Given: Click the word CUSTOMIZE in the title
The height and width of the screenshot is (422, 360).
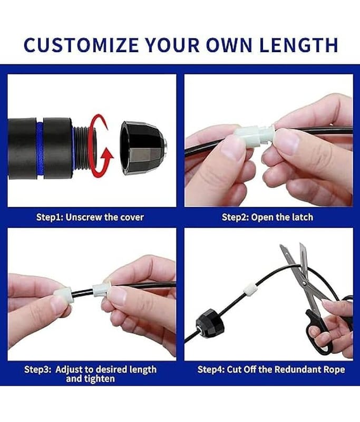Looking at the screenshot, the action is coord(81,45).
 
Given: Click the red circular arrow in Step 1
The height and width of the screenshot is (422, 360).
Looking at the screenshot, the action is coord(100,147).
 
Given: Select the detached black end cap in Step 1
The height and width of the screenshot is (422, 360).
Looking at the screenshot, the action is coord(143,148).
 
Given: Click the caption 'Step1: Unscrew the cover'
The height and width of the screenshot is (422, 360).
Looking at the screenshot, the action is coord(90,217).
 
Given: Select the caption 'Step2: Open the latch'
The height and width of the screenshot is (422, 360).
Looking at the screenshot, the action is coord(268,217).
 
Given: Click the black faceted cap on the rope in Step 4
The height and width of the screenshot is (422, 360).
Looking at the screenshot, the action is coord(210,323).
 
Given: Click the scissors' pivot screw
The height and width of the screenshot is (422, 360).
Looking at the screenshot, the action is coord(304,283).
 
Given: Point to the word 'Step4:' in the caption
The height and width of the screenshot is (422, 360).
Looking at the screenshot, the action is coord(211,369).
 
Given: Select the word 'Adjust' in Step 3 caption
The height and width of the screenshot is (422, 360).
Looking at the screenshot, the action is coord(69,370).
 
